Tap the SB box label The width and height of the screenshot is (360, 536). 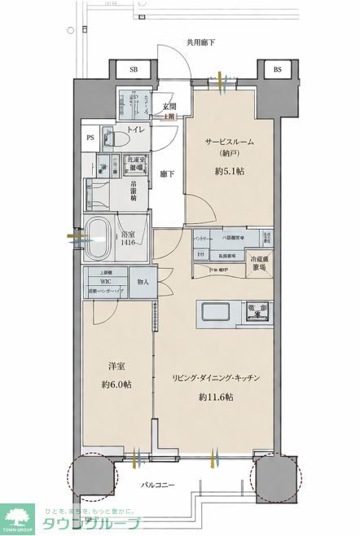click(134, 70)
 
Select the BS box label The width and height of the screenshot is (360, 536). click(277, 70)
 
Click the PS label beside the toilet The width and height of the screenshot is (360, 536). click(90, 138)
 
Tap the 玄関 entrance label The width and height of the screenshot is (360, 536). click(169, 107)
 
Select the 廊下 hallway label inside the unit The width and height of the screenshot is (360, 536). click(166, 174)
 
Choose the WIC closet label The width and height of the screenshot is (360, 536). click(105, 282)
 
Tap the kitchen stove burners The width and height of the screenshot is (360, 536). click(258, 310)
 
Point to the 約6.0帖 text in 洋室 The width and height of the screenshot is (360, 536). click(114, 384)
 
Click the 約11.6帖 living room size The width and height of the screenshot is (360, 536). click(216, 397)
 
